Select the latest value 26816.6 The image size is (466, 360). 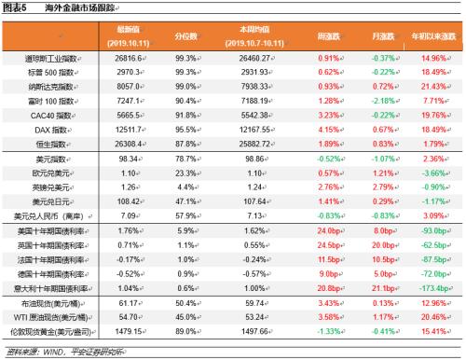click(130, 58)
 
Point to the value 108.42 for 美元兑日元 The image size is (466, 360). click(130, 200)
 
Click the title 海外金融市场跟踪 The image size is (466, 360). click(78, 7)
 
